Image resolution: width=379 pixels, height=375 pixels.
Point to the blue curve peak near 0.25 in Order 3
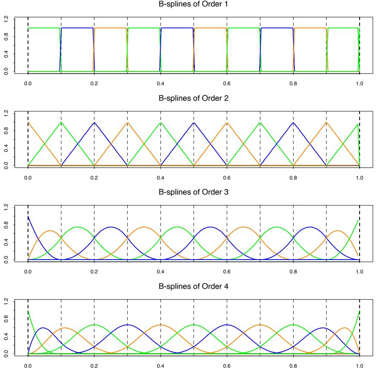(x=111, y=227)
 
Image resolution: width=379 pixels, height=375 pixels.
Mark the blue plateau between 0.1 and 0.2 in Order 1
(x=78, y=28)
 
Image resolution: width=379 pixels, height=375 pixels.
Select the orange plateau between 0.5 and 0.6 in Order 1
(x=210, y=28)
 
